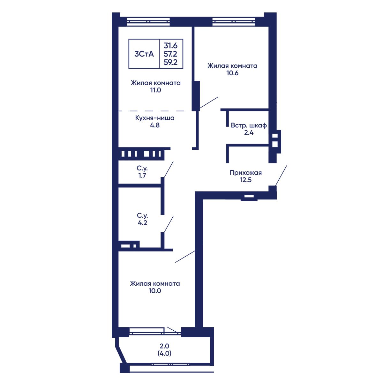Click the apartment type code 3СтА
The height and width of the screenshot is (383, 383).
pos(144,54)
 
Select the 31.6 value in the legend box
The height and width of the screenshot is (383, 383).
pos(170,46)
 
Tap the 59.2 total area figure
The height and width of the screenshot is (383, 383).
pos(170,63)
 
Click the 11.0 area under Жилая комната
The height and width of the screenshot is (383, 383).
pos(155,90)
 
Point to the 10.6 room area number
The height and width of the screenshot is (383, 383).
pos(232,73)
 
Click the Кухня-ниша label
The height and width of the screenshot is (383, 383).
pos(155,118)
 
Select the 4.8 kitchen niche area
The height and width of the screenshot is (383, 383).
pos(155,125)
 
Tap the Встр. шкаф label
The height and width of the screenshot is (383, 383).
pos(249,125)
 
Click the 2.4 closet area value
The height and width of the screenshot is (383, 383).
pos(249,132)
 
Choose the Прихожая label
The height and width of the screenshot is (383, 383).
pos(246,173)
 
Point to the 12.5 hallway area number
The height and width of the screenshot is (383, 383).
pos(246,180)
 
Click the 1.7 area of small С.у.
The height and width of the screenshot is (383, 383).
pos(142,175)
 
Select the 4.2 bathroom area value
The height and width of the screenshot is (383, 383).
pos(142,222)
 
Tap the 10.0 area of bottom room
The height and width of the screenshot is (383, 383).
pos(155,291)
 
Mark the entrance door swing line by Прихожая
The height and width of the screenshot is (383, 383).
pos(281,176)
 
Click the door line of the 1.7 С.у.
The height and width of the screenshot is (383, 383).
pos(168,169)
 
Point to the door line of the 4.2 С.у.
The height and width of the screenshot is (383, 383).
pos(168,224)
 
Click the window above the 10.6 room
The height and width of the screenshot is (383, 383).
pos(233,22)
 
